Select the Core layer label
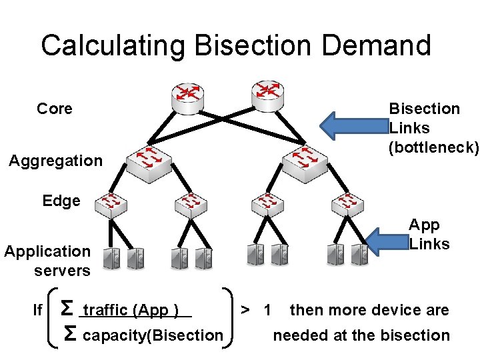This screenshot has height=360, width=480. [55, 109]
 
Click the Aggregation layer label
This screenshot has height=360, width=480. [55, 161]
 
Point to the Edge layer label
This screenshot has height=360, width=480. [61, 201]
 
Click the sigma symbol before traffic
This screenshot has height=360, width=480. [67, 309]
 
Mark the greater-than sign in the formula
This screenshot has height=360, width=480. [246, 310]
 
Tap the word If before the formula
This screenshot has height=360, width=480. [38, 311]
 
